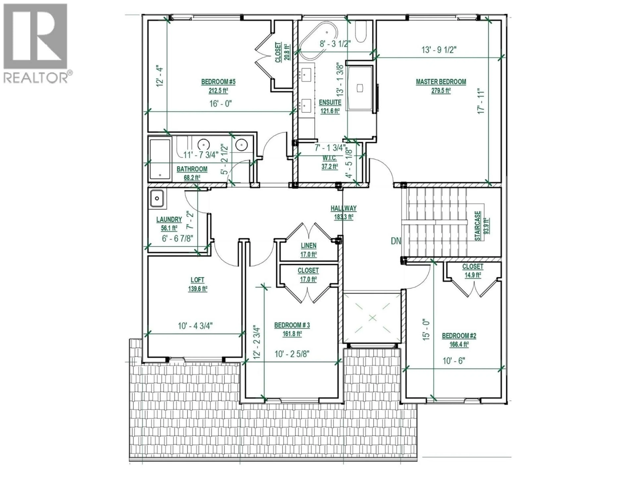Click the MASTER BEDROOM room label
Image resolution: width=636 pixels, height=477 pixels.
pos(441,82)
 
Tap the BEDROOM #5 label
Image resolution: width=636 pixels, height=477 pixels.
pos(218,82)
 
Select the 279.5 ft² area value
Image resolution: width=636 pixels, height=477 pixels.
pos(441,91)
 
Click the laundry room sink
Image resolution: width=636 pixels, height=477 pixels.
pos(157,198)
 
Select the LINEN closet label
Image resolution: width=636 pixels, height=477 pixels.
pos(309,246)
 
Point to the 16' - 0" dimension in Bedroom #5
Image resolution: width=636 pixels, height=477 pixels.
pos(221,104)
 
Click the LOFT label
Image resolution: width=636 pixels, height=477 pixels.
pos(198,280)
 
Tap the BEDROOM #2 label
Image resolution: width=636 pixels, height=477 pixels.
pos(459,336)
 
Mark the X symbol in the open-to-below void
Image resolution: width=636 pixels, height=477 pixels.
pos(372,318)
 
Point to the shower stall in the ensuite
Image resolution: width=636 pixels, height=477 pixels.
pos(360,88)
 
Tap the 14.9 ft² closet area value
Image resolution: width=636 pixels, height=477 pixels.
pos(473,275)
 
